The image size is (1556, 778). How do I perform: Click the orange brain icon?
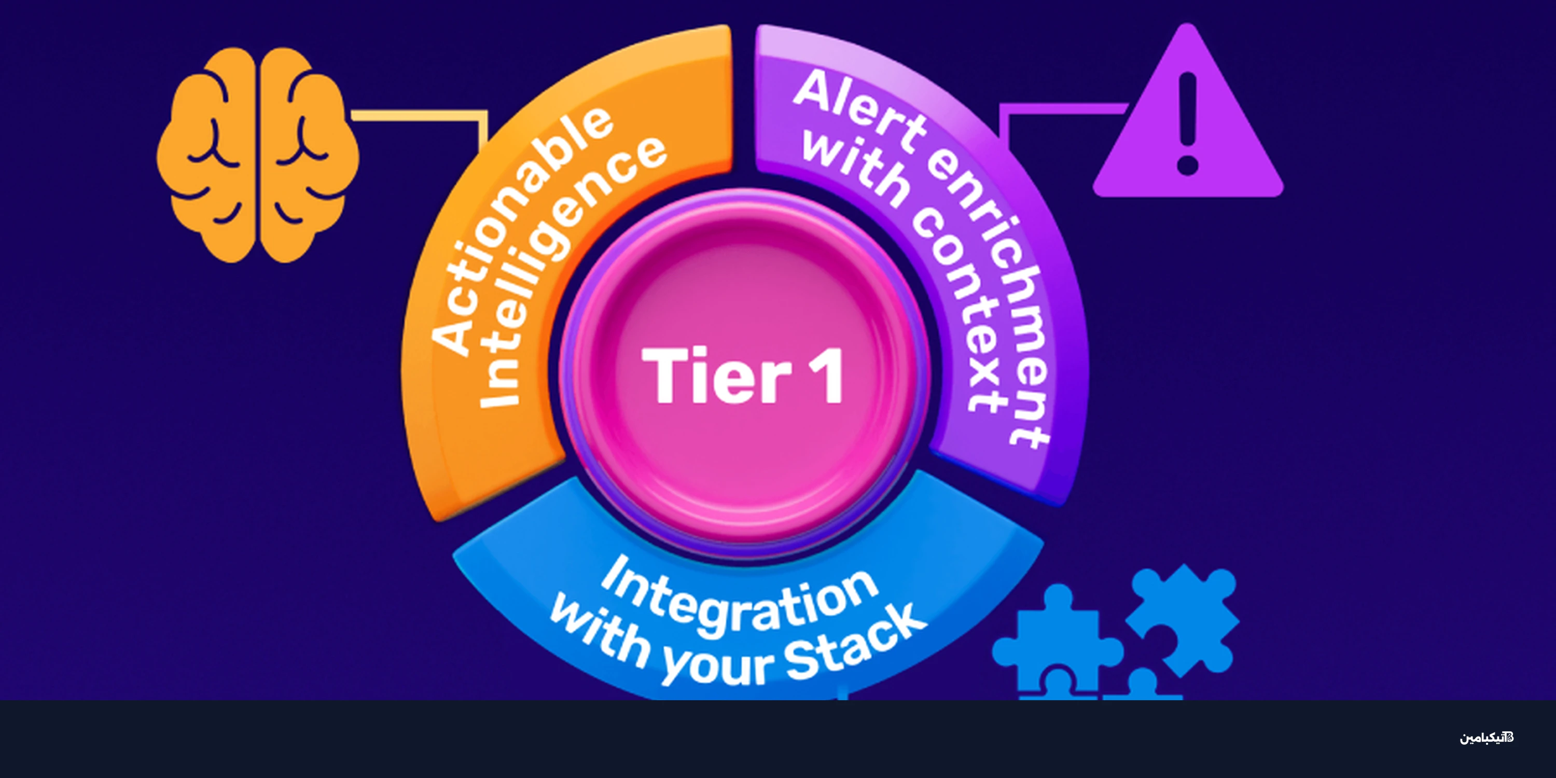tap(258, 155)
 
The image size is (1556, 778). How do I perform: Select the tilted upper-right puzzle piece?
tap(1181, 619)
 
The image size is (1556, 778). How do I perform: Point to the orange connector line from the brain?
tap(423, 115)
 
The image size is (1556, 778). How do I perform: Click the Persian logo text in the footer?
tap(1486, 738)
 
